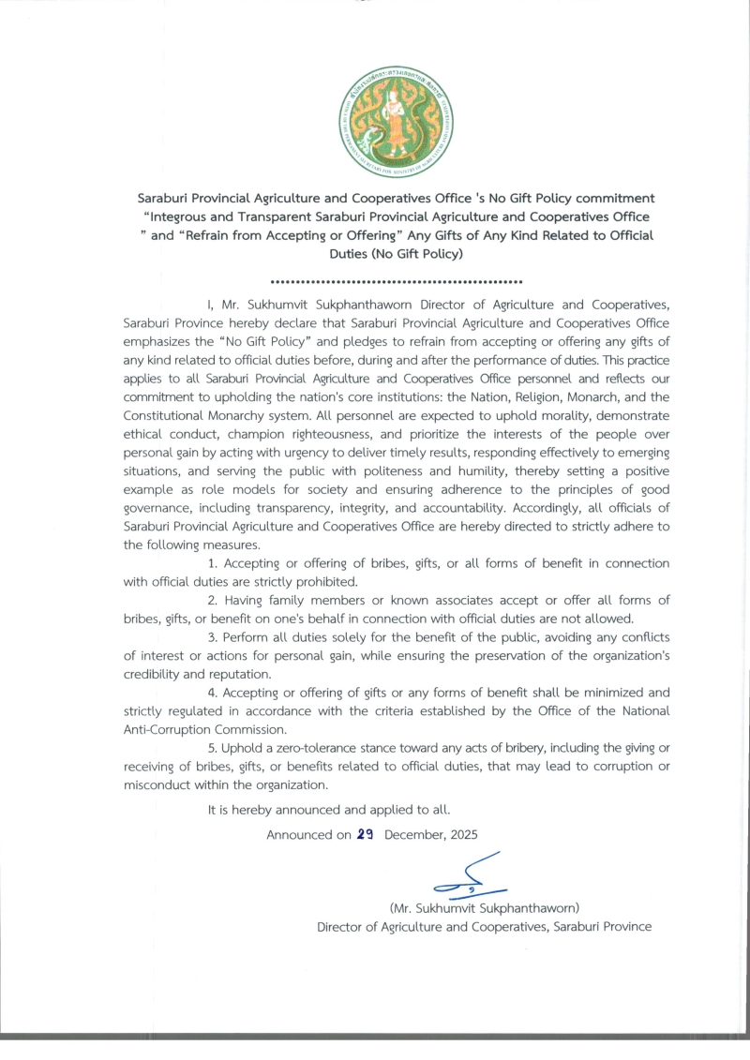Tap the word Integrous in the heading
pyautogui.click(x=190, y=216)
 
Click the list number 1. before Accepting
pyautogui.click(x=213, y=563)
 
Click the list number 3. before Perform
pyautogui.click(x=213, y=637)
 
